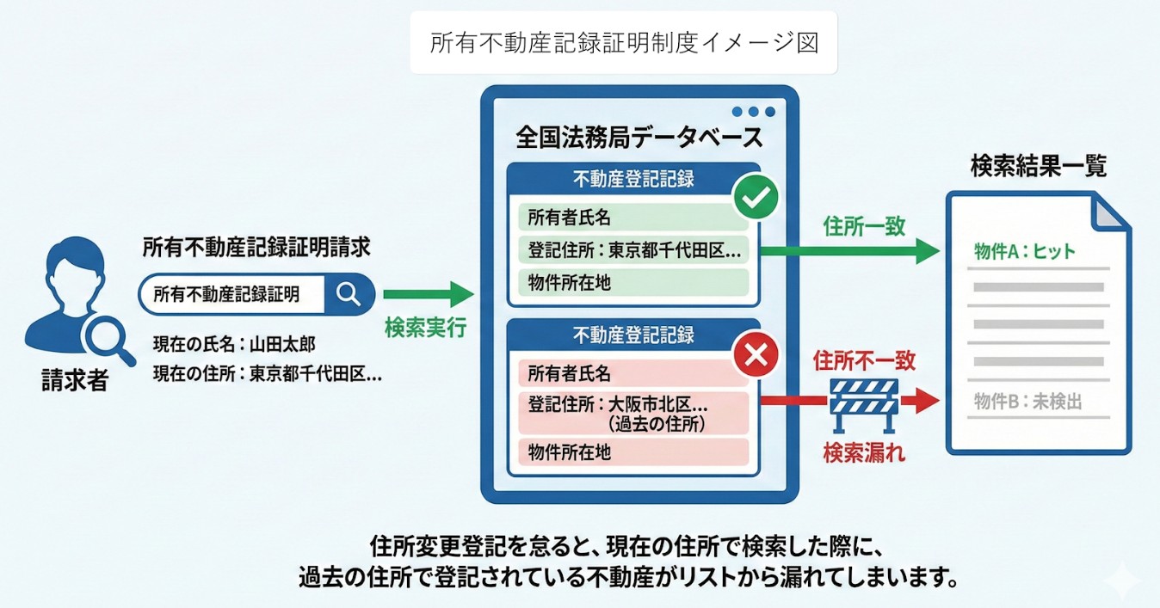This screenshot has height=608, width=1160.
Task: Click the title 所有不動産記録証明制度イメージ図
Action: pos(624,43)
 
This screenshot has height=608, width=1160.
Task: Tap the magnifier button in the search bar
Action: pos(349,294)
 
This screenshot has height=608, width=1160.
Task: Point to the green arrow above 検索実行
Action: pos(428,294)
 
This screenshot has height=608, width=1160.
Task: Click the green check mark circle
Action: pos(755,199)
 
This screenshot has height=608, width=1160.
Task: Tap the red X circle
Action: pos(755,355)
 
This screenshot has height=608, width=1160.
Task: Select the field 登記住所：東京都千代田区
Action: pos(632,250)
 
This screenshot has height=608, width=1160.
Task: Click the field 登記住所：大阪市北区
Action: pos(632,412)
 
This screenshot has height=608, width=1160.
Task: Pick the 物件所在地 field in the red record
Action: pos(632,451)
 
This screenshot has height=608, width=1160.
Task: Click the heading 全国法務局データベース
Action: pos(639,137)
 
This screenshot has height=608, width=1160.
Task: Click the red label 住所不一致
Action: pos(864,360)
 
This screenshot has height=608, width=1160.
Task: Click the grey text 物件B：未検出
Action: pos(1027,401)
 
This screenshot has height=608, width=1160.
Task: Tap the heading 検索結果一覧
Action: pos(1038,166)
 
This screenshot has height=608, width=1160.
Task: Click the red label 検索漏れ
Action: pos(864,452)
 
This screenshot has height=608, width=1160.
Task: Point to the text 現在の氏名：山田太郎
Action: pos(234,345)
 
